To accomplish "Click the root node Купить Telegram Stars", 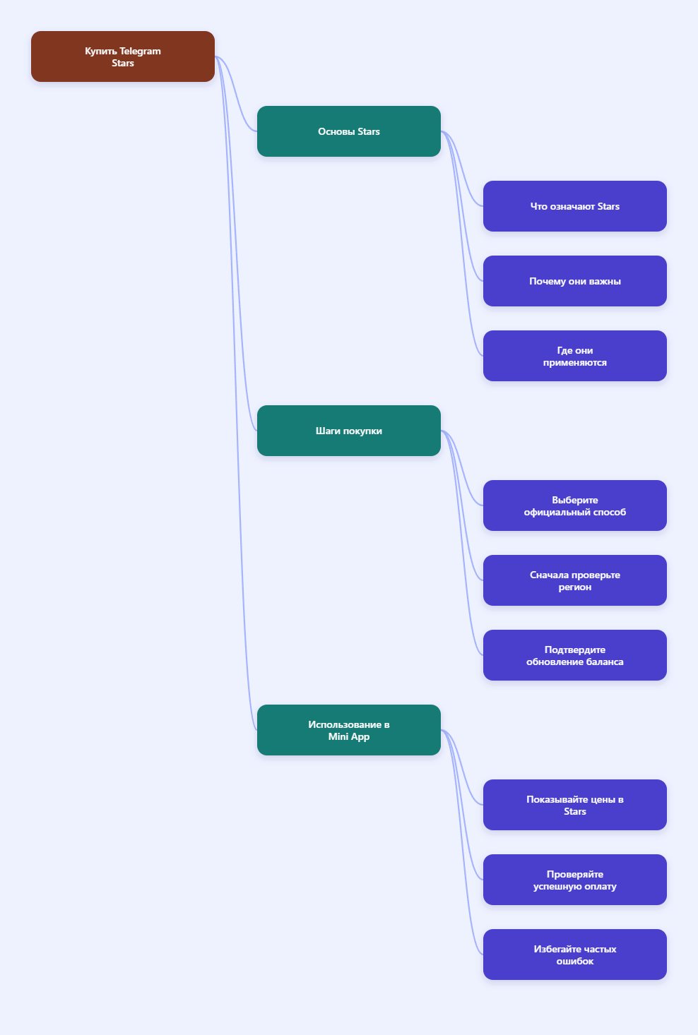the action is tap(123, 56).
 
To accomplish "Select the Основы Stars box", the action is tap(349, 131).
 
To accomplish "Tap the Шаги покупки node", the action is tap(349, 431).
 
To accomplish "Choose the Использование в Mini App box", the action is tap(349, 730).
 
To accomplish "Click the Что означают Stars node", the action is tap(575, 206).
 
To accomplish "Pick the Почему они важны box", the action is tap(575, 281).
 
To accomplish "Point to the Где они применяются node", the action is tap(575, 356).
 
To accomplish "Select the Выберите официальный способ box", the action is tap(575, 505).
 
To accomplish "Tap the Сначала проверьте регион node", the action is tap(575, 580).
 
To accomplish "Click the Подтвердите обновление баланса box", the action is tap(575, 655).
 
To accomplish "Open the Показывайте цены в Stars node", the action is tap(575, 805).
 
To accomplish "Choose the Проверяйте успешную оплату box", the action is tap(575, 880).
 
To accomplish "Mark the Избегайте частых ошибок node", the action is tap(575, 955).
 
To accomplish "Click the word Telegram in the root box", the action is tap(140, 52).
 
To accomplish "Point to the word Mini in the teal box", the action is tap(336, 736).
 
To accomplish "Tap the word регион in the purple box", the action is tap(575, 587).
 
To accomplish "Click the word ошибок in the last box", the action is tap(575, 961).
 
